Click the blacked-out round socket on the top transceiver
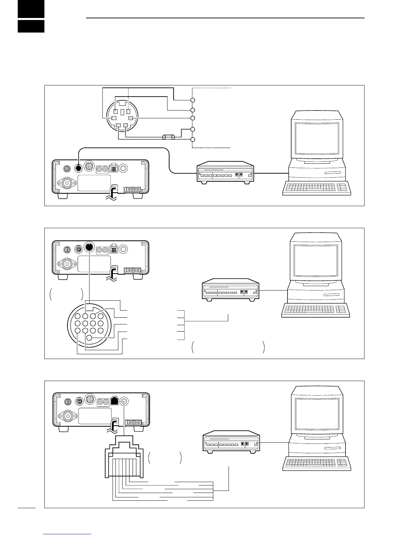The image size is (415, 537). pyautogui.click(x=78, y=168)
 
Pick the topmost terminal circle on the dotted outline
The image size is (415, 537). pyautogui.click(x=193, y=100)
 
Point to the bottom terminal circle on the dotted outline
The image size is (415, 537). pyautogui.click(x=193, y=140)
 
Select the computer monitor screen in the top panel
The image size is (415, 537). pyautogui.click(x=317, y=138)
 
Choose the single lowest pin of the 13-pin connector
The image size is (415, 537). pyautogui.click(x=89, y=338)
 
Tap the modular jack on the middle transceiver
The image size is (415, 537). pyautogui.click(x=114, y=249)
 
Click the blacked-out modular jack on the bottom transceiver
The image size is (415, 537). pyautogui.click(x=115, y=400)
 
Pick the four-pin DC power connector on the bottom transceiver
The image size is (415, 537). pyautogui.click(x=133, y=422)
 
